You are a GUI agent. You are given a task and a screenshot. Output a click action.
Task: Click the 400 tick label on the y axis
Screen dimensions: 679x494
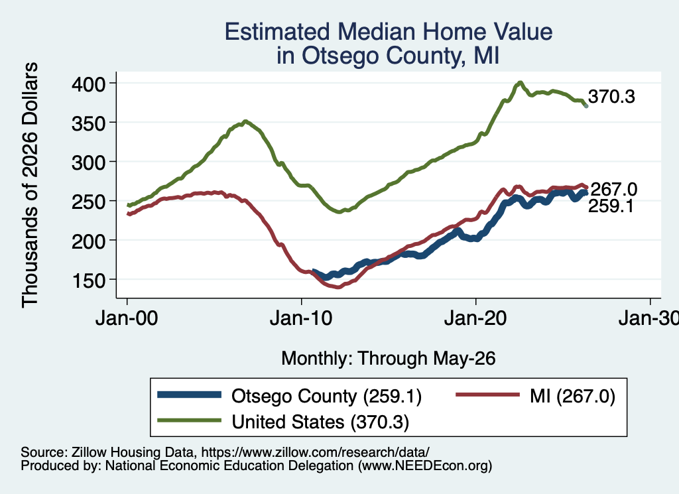(88, 84)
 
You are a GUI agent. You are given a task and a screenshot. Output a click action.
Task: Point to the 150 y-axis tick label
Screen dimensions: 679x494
(88, 281)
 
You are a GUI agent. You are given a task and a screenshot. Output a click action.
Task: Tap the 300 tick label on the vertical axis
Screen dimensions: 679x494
(88, 163)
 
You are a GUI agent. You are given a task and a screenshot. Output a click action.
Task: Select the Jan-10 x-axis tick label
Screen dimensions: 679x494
(301, 319)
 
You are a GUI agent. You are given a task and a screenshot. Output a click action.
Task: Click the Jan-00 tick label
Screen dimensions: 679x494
(127, 319)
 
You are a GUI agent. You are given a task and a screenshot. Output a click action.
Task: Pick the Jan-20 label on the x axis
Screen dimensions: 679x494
(475, 319)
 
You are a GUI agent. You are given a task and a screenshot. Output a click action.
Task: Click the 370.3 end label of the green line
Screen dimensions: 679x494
(611, 97)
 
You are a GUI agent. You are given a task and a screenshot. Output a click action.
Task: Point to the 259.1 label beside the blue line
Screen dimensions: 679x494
(611, 206)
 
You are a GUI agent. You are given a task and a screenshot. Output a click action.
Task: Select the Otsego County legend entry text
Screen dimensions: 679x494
(326, 396)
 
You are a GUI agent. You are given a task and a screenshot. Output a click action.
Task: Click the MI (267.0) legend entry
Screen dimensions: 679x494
(572, 396)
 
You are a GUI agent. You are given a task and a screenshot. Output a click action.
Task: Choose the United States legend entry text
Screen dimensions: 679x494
(320, 422)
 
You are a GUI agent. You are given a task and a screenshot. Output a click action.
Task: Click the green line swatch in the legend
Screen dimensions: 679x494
(189, 420)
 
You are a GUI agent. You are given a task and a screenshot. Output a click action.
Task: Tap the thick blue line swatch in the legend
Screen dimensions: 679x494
(189, 395)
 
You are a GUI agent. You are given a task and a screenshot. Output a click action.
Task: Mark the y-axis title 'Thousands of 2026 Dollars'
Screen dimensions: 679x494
(30, 185)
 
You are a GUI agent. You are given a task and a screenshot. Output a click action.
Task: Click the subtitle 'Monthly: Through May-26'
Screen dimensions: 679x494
(389, 359)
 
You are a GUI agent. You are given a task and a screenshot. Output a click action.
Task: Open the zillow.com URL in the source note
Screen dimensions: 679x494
(315, 452)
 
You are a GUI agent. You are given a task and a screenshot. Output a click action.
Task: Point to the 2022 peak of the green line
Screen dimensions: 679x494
(520, 82)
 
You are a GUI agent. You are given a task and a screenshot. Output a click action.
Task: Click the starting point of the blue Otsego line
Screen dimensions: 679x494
(314, 271)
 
